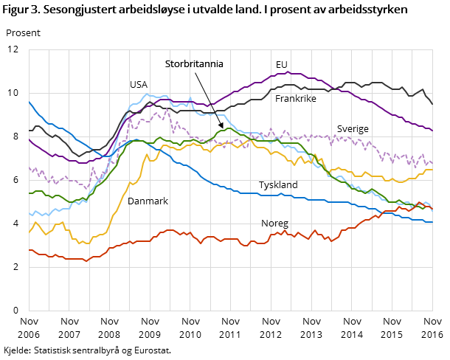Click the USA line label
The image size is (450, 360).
coord(139,85)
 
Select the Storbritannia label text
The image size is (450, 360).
coord(194,64)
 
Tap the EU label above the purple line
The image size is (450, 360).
coord(282,64)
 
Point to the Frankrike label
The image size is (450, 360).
coord(297,98)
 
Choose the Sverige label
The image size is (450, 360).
coord(353,128)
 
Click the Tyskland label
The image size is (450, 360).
coord(278,184)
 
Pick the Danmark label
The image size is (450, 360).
coord(148,201)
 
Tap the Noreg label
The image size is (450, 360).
coord(274,223)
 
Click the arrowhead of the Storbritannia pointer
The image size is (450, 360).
coord(221,126)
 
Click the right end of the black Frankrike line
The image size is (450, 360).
coord(432,104)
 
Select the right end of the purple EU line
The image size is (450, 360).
coord(432,131)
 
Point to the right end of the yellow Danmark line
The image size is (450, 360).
coord(432,170)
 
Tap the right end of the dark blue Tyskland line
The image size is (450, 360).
coord(432,222)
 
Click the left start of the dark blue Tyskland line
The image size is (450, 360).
coord(29,102)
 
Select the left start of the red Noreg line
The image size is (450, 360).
coord(29,251)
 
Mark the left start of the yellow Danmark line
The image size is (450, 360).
coord(29,232)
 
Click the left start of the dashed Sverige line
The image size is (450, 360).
coord(29,168)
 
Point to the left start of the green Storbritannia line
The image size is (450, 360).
coord(29,193)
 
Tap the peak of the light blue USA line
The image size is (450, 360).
coord(150,94)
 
